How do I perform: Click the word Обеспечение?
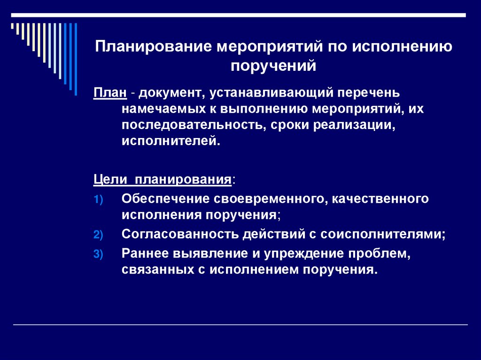(165, 198)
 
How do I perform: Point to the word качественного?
(381, 198)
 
